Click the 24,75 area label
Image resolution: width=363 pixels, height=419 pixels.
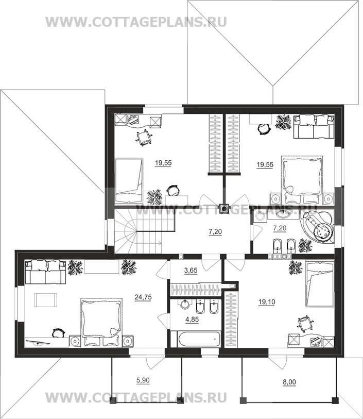pyautogui.click(x=143, y=297)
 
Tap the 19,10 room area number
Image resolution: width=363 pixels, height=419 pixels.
pyautogui.click(x=267, y=302)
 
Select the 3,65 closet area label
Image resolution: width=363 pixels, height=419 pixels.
pyautogui.click(x=191, y=271)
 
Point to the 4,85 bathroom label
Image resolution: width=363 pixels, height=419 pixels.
pyautogui.click(x=192, y=320)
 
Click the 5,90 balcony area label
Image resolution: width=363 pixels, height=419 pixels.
pyautogui.click(x=143, y=380)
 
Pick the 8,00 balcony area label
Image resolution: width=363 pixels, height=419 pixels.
pyautogui.click(x=289, y=382)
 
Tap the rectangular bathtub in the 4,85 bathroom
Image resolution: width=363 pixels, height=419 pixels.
pyautogui.click(x=196, y=339)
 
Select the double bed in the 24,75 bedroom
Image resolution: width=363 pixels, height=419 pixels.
pyautogui.click(x=101, y=323)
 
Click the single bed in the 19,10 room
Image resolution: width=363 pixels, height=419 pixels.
pyautogui.click(x=320, y=283)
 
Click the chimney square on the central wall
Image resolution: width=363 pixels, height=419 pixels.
pyautogui.click(x=224, y=208)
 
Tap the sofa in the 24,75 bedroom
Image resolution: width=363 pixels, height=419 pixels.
pyautogui.click(x=46, y=272)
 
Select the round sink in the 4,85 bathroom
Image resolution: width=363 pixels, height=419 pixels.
pyautogui.click(x=185, y=304)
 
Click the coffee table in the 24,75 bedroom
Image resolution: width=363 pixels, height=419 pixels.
pyautogui.click(x=45, y=300)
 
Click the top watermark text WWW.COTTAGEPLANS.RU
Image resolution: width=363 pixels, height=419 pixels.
pyautogui.click(x=136, y=22)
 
